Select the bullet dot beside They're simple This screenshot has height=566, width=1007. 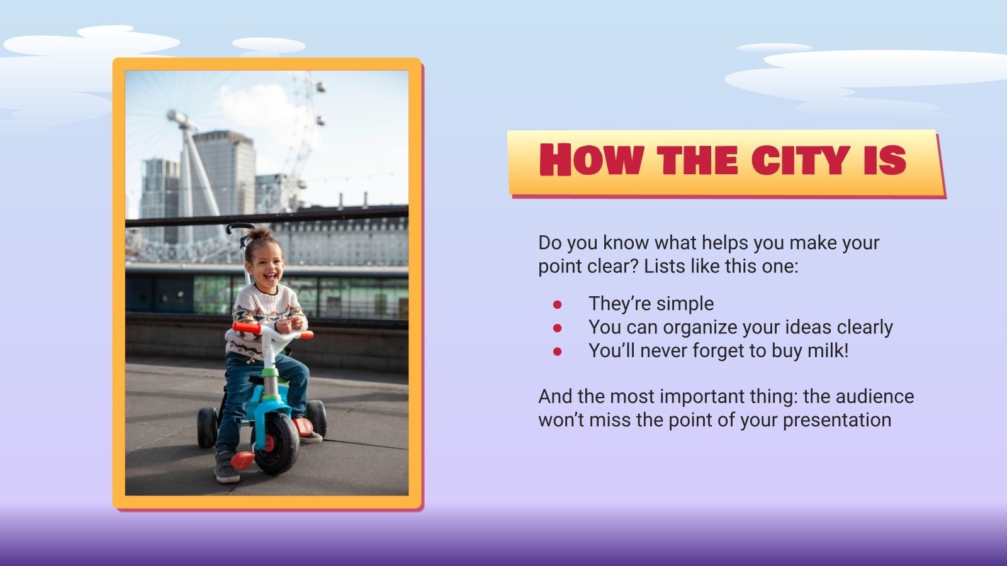[557, 304]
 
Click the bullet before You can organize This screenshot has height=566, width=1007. [557, 328]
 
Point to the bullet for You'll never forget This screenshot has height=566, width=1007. [557, 352]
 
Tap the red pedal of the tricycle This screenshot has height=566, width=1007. [242, 461]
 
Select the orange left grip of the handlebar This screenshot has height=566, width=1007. [245, 328]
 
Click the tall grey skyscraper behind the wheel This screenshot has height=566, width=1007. [224, 176]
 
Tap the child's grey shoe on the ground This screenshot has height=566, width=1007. [227, 468]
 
